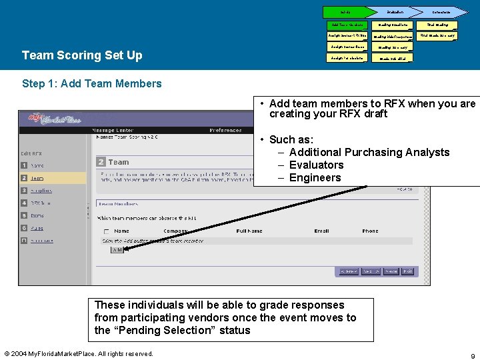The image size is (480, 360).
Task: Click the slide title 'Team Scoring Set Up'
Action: click(x=82, y=55)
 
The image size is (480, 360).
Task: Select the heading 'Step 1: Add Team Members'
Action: click(x=92, y=83)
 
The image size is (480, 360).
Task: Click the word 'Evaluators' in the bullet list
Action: click(x=316, y=165)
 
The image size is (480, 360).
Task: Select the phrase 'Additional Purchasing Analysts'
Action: click(x=369, y=152)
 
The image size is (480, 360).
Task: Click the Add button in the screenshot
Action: click(x=117, y=249)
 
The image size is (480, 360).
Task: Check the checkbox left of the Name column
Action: click(x=105, y=231)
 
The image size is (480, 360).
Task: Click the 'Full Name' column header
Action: click(x=249, y=231)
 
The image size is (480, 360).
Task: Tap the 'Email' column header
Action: click(x=322, y=231)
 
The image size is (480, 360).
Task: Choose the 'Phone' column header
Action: click(x=370, y=231)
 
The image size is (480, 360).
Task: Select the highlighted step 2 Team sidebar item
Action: click(x=53, y=178)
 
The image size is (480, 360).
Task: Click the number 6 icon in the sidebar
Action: click(x=24, y=228)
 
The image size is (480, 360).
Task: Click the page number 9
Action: click(x=471, y=355)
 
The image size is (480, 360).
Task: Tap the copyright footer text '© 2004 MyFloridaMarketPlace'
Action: click(x=78, y=353)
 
